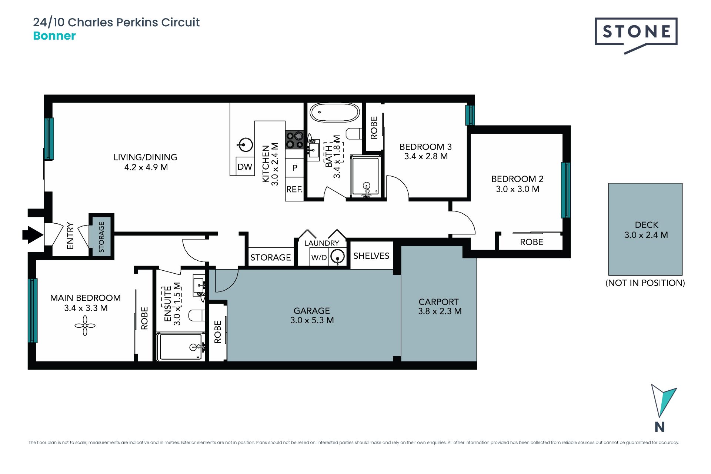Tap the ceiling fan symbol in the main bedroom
tap(85, 326)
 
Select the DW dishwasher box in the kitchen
tap(245, 166)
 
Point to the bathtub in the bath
tap(334, 112)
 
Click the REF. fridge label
tap(294, 190)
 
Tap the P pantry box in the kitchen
tap(295, 168)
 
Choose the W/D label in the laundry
tap(319, 257)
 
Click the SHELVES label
tap(371, 256)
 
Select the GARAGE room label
tap(312, 311)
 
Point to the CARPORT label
tap(438, 302)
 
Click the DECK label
tap(647, 225)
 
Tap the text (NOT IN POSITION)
tap(645, 283)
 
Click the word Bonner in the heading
tap(54, 36)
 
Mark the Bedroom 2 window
tap(565, 190)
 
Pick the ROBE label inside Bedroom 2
tap(531, 242)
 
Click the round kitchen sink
tap(245, 145)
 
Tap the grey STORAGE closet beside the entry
tap(101, 237)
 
